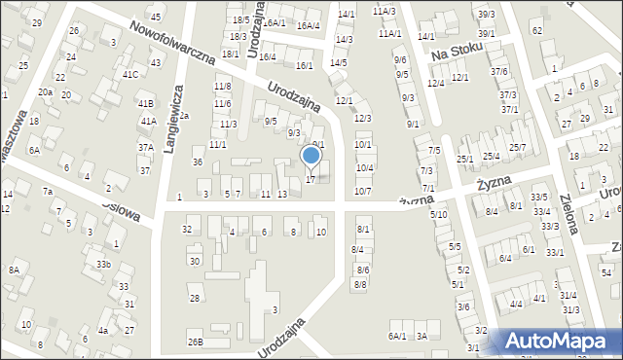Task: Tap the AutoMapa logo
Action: (x=561, y=341)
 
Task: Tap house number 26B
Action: (x=196, y=342)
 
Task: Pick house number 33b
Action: (x=102, y=264)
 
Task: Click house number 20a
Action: (x=45, y=91)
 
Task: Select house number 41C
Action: (x=129, y=74)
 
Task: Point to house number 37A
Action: (x=145, y=148)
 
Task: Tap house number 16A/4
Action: (x=308, y=25)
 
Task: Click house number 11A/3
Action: (x=384, y=11)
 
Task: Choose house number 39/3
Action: (x=486, y=14)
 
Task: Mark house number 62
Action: (x=536, y=30)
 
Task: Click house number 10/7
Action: (x=362, y=191)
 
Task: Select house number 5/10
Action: (x=439, y=214)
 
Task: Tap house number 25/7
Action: (x=517, y=147)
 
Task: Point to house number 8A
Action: (x=14, y=270)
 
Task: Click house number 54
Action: (x=605, y=270)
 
